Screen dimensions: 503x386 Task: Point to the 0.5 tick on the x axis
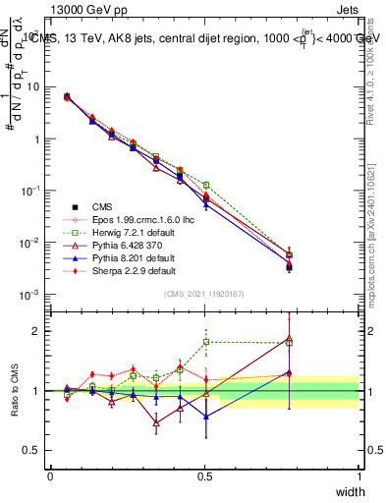click(x=204, y=476)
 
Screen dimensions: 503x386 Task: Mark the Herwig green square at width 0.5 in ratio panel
click(x=205, y=342)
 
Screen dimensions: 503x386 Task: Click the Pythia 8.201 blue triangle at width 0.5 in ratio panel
click(x=205, y=417)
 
